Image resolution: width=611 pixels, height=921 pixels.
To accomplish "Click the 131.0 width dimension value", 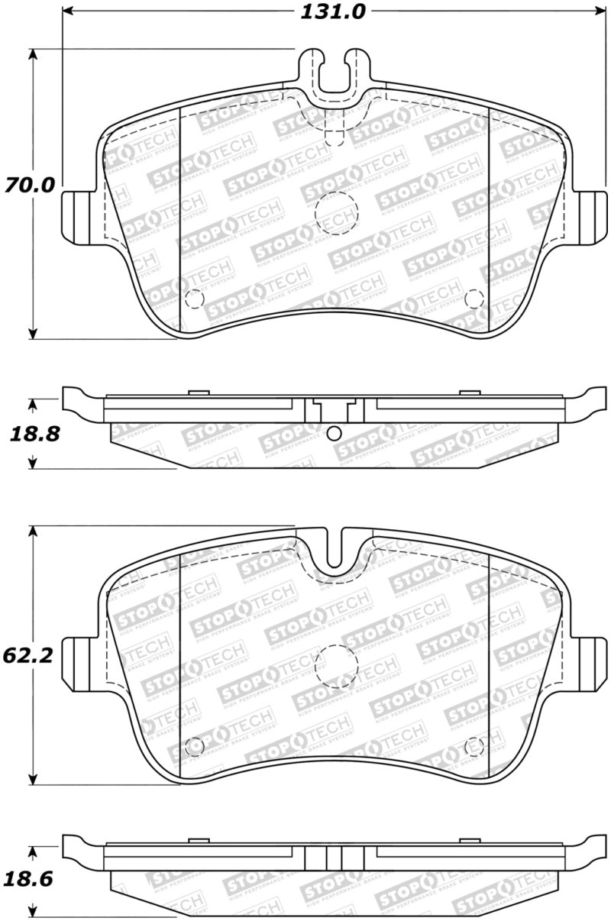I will [335, 11].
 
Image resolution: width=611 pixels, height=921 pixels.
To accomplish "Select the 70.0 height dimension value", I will [30, 185].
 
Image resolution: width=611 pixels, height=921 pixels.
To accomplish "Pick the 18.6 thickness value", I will [31, 878].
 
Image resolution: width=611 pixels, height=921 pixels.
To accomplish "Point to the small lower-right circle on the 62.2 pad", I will [474, 744].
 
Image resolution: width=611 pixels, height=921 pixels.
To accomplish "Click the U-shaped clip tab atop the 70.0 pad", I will [335, 73].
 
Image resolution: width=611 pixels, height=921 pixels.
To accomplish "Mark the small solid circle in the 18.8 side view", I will [333, 434].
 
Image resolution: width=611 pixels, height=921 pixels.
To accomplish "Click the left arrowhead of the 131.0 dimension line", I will [66, 12].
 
